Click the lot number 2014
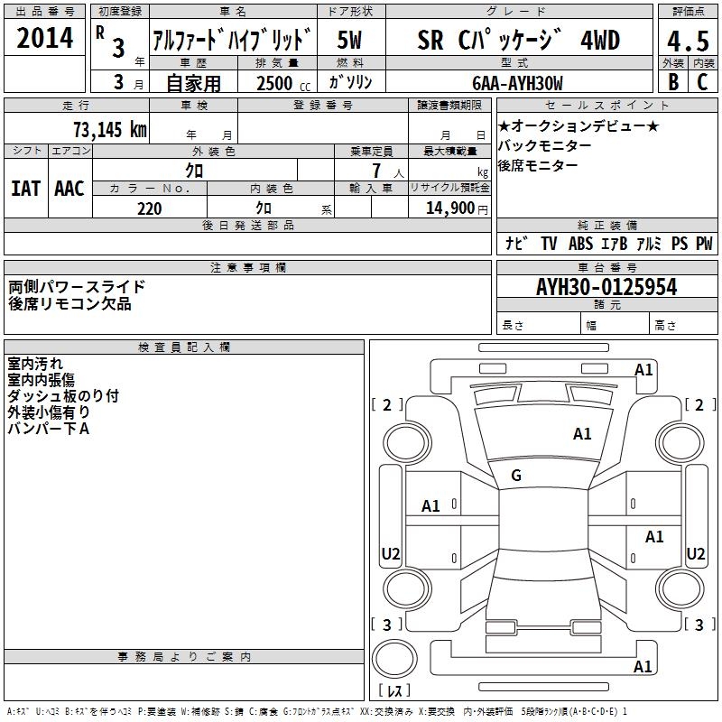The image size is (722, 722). pos(44,38)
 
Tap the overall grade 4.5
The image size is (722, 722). pos(688,41)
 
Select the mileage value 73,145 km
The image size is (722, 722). pos(110,129)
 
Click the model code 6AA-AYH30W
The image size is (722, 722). pos(517,83)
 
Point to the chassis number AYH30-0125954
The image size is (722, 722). pos(606,287)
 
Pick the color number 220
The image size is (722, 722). pos(150,208)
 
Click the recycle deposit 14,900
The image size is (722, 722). pos(450,208)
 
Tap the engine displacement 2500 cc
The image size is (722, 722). pos(283,83)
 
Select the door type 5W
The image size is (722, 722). pos(349,40)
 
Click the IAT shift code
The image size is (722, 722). pos(25,189)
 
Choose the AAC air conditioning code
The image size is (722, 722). pos(69,189)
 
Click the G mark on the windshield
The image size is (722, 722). pos(516,476)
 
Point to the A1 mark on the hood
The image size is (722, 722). pos(582,434)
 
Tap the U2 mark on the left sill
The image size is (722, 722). pos(391,553)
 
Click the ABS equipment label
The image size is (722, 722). pos(580,244)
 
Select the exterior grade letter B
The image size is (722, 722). pos(673,82)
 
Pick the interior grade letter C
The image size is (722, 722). pos(702,82)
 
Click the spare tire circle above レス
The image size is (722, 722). pos(394,659)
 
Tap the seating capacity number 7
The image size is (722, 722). pos(376,171)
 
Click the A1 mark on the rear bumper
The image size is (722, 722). pos(643,666)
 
